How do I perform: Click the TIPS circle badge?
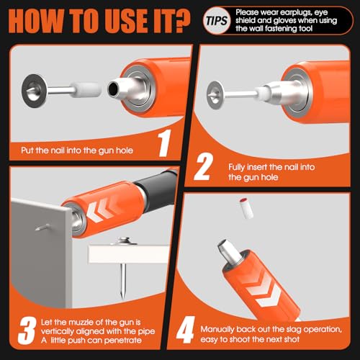point(217,21)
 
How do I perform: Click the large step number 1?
point(165,143)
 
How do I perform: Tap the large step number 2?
point(204,166)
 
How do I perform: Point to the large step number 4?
point(185,330)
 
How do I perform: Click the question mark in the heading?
point(177,21)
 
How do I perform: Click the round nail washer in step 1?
point(34,91)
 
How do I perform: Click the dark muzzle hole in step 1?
point(113,88)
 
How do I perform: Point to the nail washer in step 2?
point(215,95)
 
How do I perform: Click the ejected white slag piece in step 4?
point(245,208)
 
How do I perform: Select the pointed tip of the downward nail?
point(123,299)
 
